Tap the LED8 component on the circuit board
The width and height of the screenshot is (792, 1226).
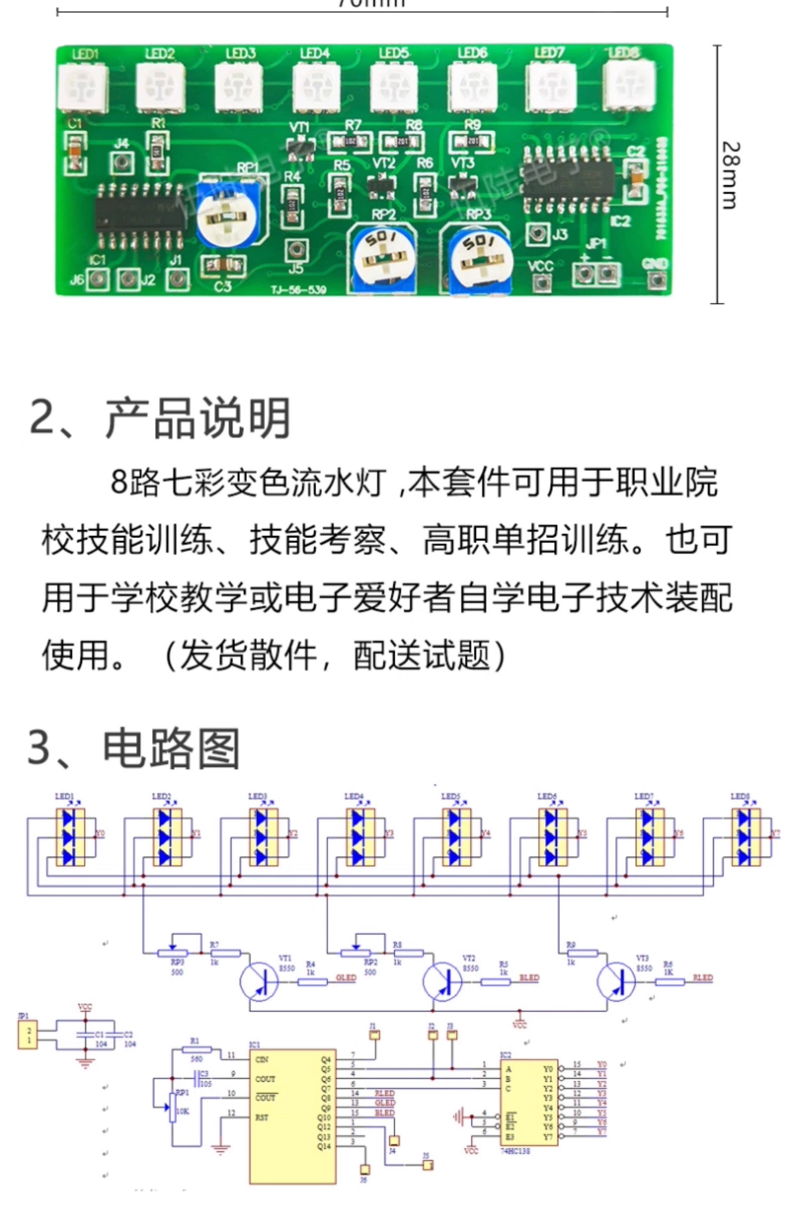[628, 84]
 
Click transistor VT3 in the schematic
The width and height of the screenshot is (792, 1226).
[616, 981]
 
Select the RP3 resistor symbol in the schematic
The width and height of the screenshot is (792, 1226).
[172, 952]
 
